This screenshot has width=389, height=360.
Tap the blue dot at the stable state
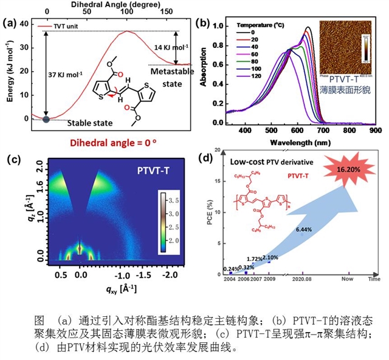point(46,119)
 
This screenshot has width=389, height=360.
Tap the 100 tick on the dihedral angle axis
point(128,11)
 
